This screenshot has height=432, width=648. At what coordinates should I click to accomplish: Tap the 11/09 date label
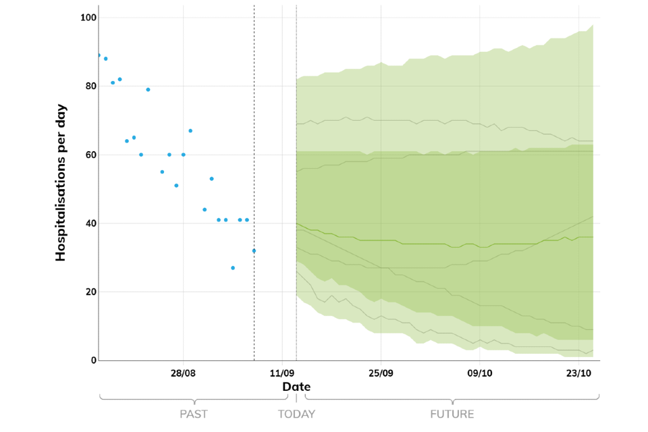coord(281,373)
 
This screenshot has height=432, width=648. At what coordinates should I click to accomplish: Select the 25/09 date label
coord(381,373)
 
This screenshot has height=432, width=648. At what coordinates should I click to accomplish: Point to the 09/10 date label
coord(479,373)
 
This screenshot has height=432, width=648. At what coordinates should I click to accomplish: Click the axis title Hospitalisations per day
coord(61,182)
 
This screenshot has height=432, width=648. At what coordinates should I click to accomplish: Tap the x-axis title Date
coord(296,387)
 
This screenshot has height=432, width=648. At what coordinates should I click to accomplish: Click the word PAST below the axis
coord(193,414)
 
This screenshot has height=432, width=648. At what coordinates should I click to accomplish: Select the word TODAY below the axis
coord(296,414)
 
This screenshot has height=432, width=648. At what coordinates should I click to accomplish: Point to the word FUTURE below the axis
coord(452,414)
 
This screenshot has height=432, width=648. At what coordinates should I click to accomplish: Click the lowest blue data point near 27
coord(233,268)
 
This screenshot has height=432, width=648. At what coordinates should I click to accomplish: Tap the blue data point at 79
coord(148,90)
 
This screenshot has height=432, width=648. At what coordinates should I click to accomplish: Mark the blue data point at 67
coord(190,130)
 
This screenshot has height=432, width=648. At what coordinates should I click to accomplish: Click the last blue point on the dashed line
coord(254,250)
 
